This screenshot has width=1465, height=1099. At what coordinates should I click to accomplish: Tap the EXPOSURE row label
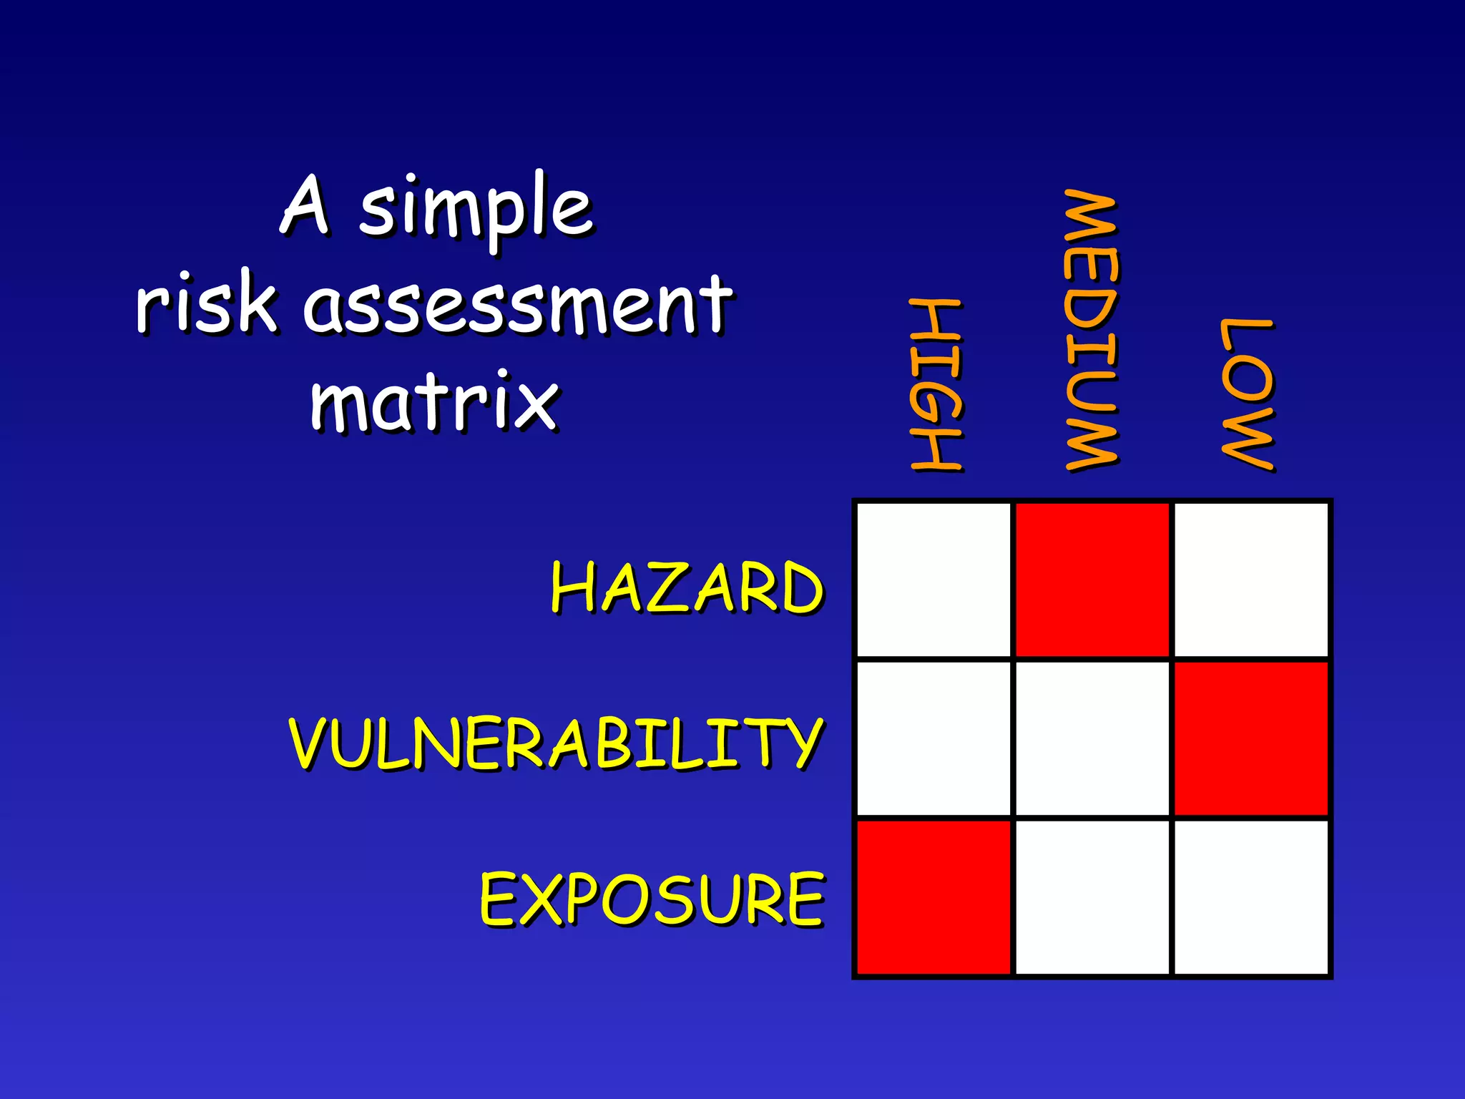tap(652, 899)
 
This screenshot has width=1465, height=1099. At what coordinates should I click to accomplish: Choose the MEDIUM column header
tap(1091, 331)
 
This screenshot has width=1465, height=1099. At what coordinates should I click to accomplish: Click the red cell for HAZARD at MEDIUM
tap(1092, 580)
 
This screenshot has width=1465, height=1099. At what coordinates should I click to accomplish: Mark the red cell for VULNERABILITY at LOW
tap(1251, 738)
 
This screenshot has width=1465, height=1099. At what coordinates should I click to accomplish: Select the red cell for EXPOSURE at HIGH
tap(934, 897)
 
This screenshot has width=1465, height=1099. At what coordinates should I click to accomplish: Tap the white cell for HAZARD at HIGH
tap(934, 580)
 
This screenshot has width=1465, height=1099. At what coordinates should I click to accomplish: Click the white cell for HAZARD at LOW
tap(1251, 580)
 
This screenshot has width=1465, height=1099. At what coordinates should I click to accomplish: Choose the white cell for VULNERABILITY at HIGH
tap(934, 738)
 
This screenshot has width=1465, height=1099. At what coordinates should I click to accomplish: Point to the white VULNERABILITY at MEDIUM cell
tap(1092, 738)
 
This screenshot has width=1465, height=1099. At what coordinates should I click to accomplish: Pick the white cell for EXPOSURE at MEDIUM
tap(1092, 897)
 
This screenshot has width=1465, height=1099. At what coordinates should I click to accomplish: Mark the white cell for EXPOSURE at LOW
tap(1251, 897)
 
